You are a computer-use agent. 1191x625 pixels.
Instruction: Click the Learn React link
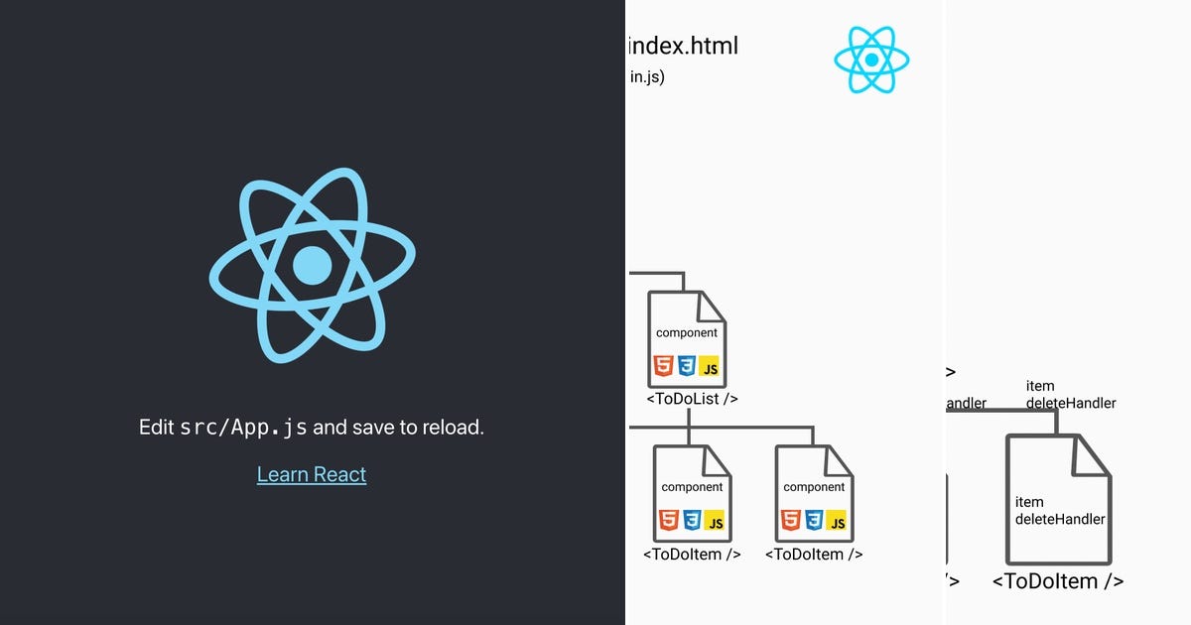[x=312, y=474]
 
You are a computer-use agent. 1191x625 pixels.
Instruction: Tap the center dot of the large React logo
[x=313, y=265]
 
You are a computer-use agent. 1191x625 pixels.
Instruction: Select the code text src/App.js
[x=243, y=429]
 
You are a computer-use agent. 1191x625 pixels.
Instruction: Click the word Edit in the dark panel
[x=157, y=428]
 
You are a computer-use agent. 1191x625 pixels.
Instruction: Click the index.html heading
[x=684, y=46]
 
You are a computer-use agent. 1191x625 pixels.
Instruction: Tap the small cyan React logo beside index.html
[x=871, y=60]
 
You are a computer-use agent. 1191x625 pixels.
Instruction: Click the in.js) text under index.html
[x=647, y=77]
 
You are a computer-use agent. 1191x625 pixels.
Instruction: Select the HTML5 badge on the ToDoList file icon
[x=663, y=367]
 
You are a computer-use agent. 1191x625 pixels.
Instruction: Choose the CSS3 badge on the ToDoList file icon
[x=686, y=367]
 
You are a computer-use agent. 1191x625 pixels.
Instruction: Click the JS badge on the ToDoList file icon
[x=709, y=368]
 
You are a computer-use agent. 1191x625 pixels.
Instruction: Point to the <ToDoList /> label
[x=692, y=399]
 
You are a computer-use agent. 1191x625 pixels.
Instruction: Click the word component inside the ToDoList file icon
[x=687, y=333]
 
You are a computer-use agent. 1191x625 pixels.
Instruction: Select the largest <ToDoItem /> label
[x=1058, y=581]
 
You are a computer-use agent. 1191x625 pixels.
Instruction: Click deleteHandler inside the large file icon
[x=1060, y=519]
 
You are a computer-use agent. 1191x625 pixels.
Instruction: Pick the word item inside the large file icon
[x=1029, y=502]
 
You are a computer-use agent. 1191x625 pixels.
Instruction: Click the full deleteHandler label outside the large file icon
[x=1071, y=403]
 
